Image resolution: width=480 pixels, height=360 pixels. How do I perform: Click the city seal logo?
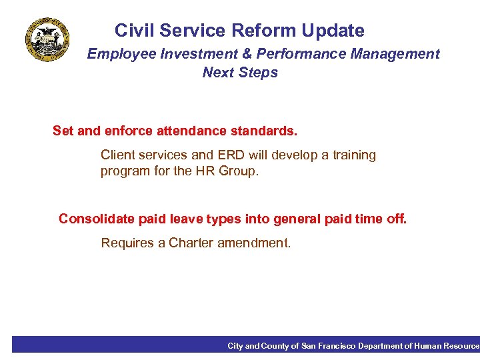(x=47, y=39)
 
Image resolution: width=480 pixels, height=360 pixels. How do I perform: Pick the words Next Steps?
(x=240, y=73)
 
